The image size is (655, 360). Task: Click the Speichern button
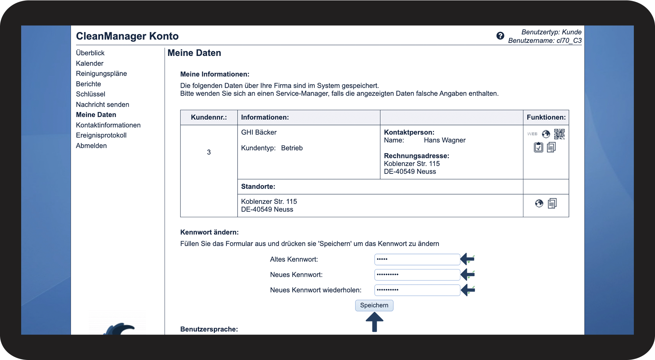(374, 305)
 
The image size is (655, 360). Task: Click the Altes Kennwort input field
(417, 260)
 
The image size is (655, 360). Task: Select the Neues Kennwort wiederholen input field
(417, 290)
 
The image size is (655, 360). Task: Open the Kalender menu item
(90, 63)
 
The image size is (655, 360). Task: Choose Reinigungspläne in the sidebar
(101, 73)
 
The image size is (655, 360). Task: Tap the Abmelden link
(91, 146)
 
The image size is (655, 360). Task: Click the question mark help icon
(500, 36)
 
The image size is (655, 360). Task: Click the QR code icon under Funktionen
(559, 134)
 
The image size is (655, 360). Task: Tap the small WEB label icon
(532, 134)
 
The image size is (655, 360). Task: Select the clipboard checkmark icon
(538, 148)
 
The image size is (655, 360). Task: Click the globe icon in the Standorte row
(539, 203)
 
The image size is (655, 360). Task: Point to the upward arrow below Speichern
(374, 322)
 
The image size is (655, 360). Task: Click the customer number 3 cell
(209, 152)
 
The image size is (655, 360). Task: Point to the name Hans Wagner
(444, 140)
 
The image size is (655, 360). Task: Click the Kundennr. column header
(209, 118)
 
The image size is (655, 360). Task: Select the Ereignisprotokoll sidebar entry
(101, 135)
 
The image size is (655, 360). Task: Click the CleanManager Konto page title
(127, 36)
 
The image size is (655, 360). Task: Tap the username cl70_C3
(569, 41)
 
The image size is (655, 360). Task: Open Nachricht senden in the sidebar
(102, 105)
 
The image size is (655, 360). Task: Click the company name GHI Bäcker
(259, 132)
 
